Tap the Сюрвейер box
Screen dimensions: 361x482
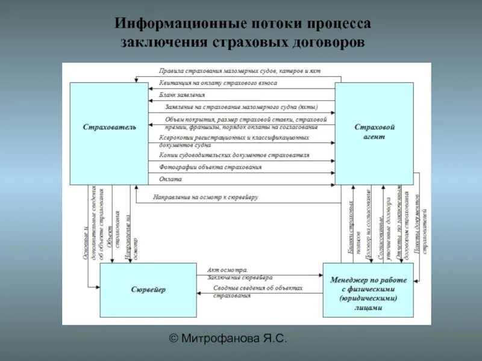pyautogui.click(x=148, y=290)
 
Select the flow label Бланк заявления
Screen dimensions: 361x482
pyautogui.click(x=183, y=95)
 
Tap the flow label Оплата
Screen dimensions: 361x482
pyautogui.click(x=169, y=179)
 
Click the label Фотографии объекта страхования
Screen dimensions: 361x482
pyautogui.click(x=210, y=167)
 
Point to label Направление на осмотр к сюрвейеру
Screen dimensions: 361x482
pyautogui.click(x=205, y=197)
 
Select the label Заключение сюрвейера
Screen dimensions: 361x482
pyautogui.click(x=240, y=278)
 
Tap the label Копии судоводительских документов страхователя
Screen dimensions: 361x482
pyautogui.click(x=234, y=155)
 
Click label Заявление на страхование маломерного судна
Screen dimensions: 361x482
pyautogui.click(x=239, y=107)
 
